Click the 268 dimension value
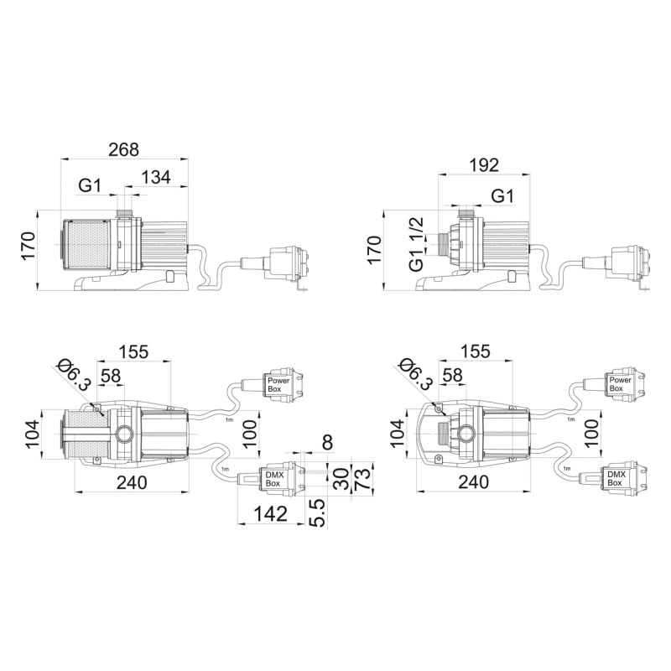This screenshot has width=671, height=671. click(x=123, y=149)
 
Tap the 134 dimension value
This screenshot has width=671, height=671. click(x=156, y=177)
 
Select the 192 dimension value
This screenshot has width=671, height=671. click(x=484, y=165)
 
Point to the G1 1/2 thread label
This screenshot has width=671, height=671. click(x=416, y=244)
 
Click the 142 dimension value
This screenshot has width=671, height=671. click(x=270, y=513)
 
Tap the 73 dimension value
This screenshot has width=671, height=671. click(x=362, y=479)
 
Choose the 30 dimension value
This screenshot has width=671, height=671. click(x=341, y=479)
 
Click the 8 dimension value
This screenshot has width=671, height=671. click(x=327, y=443)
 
